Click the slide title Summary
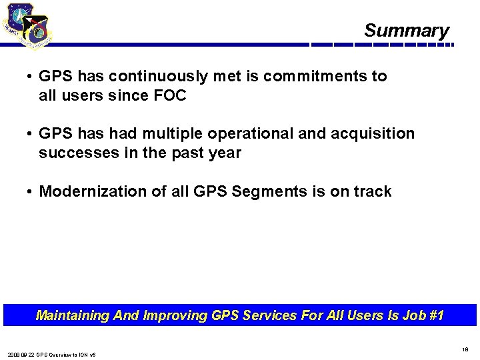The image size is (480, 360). click(407, 31)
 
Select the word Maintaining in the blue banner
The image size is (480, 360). click(73, 315)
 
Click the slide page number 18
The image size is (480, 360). click(465, 348)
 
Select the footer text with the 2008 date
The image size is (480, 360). click(52, 355)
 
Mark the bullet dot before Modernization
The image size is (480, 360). click(31, 192)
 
